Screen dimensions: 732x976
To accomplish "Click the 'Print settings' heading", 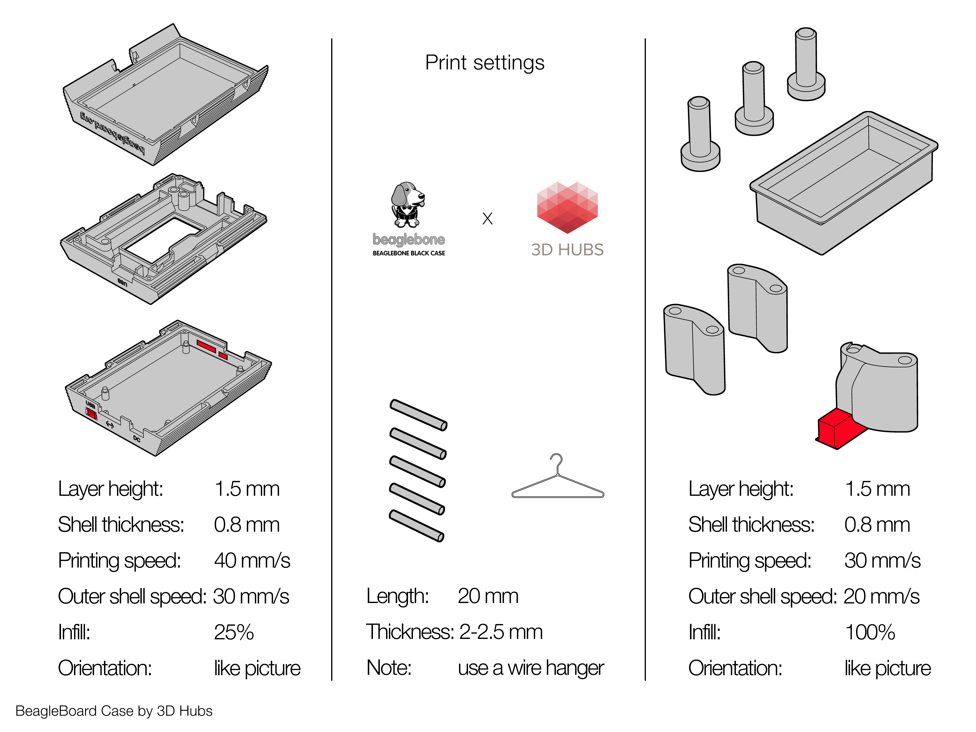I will tap(484, 63).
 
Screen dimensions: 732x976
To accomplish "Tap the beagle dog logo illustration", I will tap(407, 204).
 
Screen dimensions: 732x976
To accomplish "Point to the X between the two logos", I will tap(487, 218).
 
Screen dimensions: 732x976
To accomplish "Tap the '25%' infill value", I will tap(234, 632).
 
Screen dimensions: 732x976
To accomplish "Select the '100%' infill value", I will tap(869, 632).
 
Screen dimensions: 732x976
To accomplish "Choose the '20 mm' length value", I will tap(488, 597).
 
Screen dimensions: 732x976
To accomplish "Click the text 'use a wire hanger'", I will tap(530, 668).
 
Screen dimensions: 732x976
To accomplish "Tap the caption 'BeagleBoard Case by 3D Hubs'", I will tap(114, 711).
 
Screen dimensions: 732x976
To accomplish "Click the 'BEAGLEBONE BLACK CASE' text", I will tap(409, 253).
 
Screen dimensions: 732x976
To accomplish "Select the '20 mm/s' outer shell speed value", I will tap(881, 597).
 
